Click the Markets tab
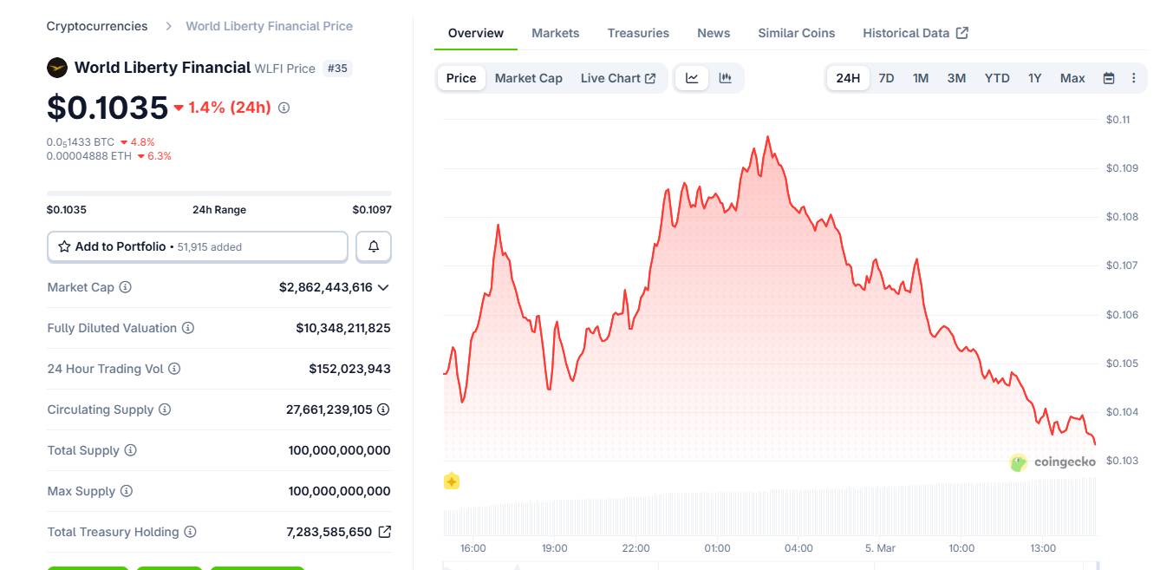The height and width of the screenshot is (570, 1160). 555,33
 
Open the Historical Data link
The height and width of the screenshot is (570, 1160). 915,33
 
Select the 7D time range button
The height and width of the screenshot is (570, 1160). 886,78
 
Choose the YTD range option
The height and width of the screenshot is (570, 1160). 997,78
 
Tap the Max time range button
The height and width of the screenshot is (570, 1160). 1072,78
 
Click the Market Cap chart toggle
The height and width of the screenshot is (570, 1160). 528,78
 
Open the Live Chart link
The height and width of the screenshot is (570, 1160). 617,78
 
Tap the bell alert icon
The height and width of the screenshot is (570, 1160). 374,246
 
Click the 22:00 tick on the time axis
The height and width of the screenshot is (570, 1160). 635,548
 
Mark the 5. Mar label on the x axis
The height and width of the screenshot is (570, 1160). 880,548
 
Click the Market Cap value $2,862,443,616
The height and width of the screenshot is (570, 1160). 325,287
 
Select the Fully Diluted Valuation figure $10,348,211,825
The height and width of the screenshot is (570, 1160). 342,328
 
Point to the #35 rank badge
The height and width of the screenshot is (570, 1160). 337,68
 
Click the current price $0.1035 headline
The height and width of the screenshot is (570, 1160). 108,108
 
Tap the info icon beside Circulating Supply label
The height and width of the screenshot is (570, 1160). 165,409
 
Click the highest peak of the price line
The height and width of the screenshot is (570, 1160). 767,137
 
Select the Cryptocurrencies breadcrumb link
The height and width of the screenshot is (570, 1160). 97,26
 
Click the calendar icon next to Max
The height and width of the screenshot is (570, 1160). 1108,78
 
